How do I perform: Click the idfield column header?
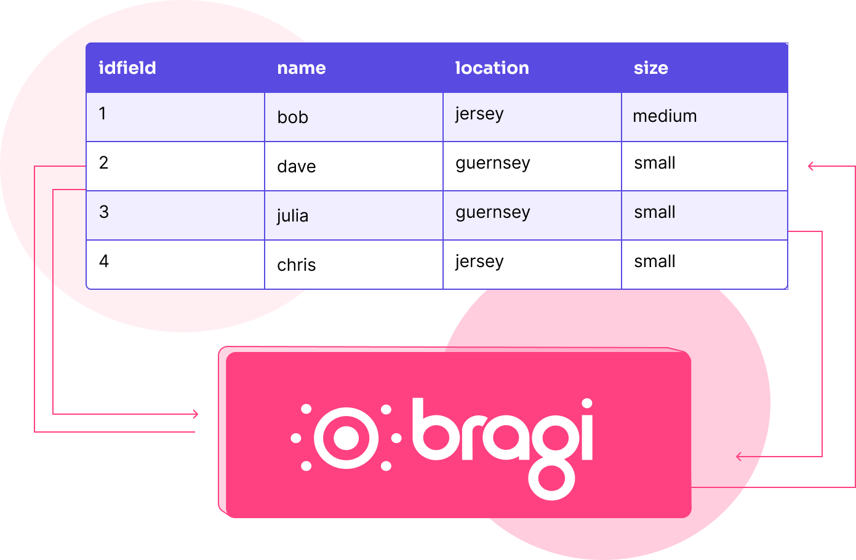(127, 68)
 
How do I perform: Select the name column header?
(302, 68)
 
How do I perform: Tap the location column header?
(492, 68)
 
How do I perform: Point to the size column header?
(651, 68)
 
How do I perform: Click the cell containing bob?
(353, 117)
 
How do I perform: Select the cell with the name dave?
(353, 166)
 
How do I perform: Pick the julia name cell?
(353, 215)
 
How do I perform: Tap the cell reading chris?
(353, 265)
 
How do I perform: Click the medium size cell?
(704, 117)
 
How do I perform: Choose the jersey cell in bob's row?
(532, 117)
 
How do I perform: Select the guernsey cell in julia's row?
(532, 215)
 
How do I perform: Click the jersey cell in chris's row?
(532, 265)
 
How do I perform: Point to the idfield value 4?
(103, 261)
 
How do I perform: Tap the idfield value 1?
(102, 113)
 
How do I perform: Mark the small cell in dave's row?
(704, 166)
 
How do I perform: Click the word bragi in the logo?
(503, 448)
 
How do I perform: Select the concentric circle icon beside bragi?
(346, 438)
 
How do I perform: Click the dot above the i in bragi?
(587, 403)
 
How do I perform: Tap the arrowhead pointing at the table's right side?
(810, 166)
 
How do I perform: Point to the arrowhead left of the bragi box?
(196, 414)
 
